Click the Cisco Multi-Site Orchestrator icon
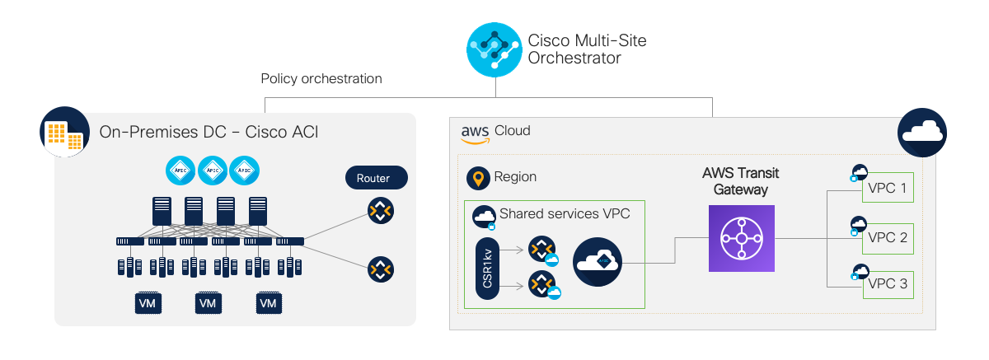(x=494, y=50)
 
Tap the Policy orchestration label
(x=321, y=79)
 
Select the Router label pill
(x=376, y=178)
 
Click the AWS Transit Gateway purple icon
(x=741, y=238)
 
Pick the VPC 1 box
(x=888, y=188)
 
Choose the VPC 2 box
(x=888, y=239)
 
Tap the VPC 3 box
(x=888, y=285)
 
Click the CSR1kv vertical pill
(x=487, y=269)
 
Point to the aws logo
(x=475, y=134)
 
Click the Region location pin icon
(x=478, y=178)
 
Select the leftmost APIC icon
(x=180, y=171)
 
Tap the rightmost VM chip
(x=269, y=303)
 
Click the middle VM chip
(x=208, y=303)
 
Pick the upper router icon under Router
(x=381, y=211)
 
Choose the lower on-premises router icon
(x=381, y=269)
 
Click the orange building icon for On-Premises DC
(x=64, y=132)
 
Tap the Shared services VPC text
(x=565, y=213)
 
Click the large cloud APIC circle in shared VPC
(x=598, y=262)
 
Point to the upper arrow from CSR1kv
(x=512, y=250)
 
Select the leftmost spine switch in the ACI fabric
(x=162, y=211)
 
